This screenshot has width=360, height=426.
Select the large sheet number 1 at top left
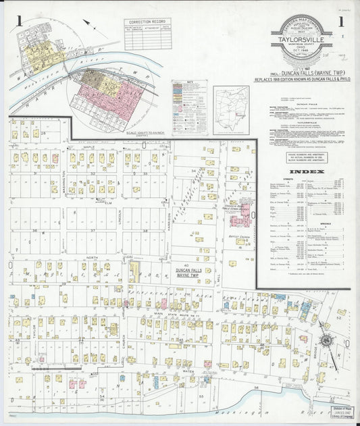pos(21,20)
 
